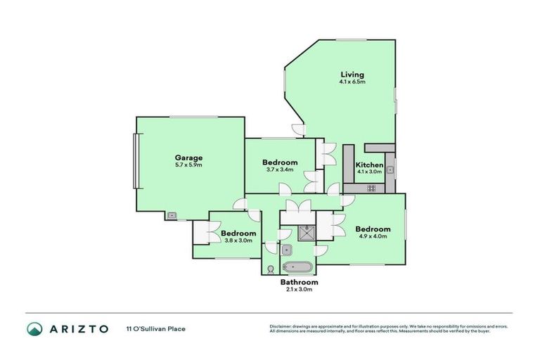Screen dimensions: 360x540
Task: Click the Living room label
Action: [352, 74]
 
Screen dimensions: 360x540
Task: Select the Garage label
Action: [188, 157]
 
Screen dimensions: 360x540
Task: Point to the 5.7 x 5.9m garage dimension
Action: [188, 165]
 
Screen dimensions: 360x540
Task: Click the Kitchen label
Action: [369, 165]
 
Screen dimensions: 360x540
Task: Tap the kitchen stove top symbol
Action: [371, 188]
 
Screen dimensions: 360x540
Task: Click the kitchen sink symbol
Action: [389, 169]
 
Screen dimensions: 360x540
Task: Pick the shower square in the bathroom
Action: [306, 231]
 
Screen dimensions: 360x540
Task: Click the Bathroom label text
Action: [299, 282]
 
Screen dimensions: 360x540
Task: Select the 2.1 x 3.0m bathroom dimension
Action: [299, 289]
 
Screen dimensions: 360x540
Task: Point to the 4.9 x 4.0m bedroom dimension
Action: [372, 236]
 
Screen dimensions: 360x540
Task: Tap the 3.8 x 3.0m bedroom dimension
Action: [238, 240]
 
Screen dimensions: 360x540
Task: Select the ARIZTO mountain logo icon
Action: [34, 328]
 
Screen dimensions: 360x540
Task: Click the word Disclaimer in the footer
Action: [281, 326]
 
